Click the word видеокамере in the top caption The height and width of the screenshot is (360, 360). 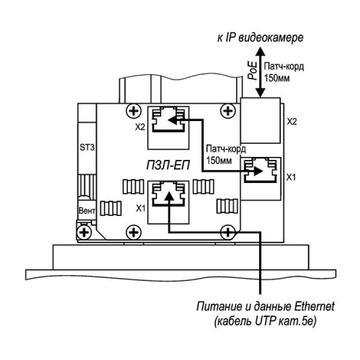point(271,38)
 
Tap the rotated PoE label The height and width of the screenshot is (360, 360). point(253,71)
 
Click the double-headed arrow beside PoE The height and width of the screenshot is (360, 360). point(261,72)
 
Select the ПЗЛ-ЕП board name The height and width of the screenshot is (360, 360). point(168,166)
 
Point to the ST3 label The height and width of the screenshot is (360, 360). point(87,148)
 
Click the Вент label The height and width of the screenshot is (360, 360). point(87,211)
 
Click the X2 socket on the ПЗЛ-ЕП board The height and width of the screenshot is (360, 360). point(168,128)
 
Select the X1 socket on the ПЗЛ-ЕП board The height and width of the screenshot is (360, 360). point(168,202)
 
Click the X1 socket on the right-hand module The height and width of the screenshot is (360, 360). point(261,179)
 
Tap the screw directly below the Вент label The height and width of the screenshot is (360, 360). point(84,233)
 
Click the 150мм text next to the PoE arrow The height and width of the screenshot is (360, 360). point(276,78)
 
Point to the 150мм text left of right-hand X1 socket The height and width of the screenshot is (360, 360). point(219,160)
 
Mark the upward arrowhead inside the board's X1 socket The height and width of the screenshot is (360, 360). point(169,196)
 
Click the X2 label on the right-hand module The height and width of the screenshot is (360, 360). point(292,122)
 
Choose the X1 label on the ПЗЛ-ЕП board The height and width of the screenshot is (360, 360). point(140,208)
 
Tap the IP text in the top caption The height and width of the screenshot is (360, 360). point(230,38)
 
